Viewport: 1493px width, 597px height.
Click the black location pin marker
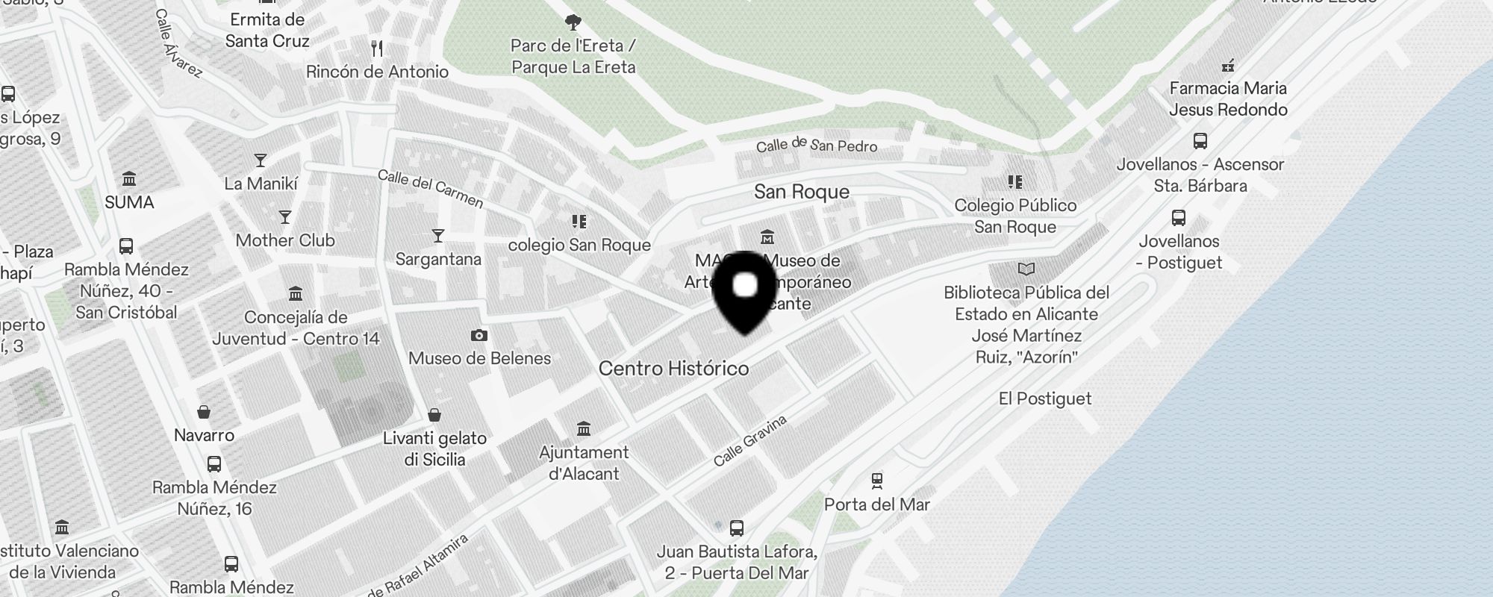click(x=745, y=291)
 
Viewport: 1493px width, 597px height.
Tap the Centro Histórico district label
click(x=673, y=369)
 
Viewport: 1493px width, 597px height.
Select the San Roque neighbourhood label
click(x=801, y=192)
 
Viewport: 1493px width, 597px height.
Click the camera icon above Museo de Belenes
click(x=479, y=336)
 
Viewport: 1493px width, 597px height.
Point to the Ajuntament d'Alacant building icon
click(x=584, y=429)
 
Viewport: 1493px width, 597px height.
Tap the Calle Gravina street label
click(x=749, y=441)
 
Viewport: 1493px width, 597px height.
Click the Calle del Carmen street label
click(x=430, y=188)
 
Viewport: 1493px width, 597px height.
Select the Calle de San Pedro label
click(x=816, y=145)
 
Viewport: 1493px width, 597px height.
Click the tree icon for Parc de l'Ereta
click(x=573, y=22)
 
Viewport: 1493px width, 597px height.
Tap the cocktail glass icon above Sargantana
click(x=438, y=236)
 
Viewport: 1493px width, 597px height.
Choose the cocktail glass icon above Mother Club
click(x=284, y=217)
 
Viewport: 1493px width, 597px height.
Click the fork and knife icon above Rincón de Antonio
click(x=377, y=49)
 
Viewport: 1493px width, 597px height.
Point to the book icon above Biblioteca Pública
click(x=1026, y=269)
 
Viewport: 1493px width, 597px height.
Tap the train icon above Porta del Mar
click(x=877, y=481)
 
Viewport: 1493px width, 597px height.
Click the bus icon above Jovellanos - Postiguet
click(x=1179, y=218)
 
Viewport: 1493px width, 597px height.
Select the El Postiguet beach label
click(x=1044, y=398)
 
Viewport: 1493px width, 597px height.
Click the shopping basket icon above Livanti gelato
click(x=434, y=415)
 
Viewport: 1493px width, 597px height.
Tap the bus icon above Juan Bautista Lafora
click(x=737, y=528)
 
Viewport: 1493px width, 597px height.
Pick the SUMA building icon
click(x=129, y=179)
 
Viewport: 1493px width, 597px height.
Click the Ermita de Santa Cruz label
click(x=267, y=30)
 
